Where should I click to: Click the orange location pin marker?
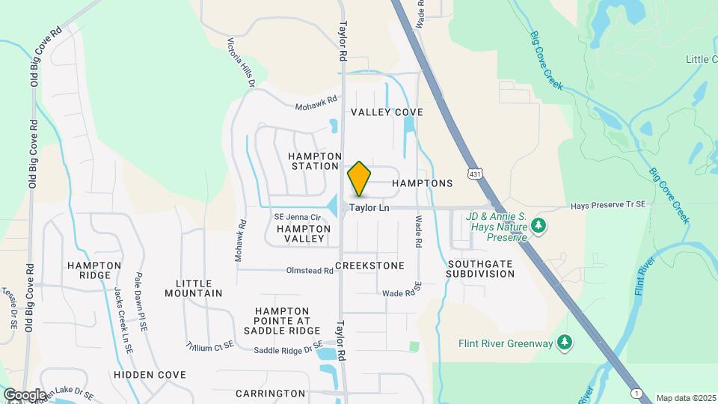(360, 179)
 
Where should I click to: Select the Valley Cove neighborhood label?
(387, 112)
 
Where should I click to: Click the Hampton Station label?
(315, 160)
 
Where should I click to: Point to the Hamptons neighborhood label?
(423, 183)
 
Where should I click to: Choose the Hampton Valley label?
(303, 233)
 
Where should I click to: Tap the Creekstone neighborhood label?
(369, 266)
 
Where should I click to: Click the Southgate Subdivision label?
(481, 269)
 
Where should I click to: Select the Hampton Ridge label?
(94, 270)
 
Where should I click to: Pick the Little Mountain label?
(199, 288)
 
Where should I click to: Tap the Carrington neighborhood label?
(270, 394)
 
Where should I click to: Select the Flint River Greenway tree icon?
(566, 343)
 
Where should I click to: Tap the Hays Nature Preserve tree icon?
(538, 225)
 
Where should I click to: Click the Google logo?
(25, 394)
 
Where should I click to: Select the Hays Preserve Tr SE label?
(607, 206)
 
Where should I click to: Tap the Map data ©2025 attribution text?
(685, 398)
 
